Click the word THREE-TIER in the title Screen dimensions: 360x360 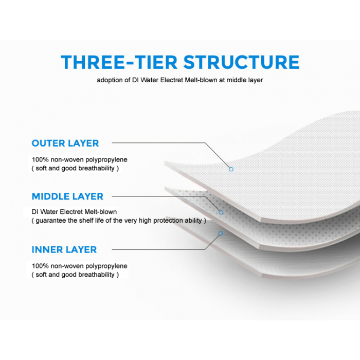119,62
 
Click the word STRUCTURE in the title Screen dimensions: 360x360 242,62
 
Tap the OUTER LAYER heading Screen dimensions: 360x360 65,143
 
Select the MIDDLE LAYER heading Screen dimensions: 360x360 67,196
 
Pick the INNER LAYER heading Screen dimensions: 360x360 64,249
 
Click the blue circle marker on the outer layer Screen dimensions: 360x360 231,169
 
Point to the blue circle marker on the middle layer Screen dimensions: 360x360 221,212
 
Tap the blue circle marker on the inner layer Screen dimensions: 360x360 221,233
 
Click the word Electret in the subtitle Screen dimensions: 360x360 171,80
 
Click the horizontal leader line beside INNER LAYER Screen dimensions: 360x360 158,249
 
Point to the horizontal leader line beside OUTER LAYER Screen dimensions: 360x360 158,143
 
